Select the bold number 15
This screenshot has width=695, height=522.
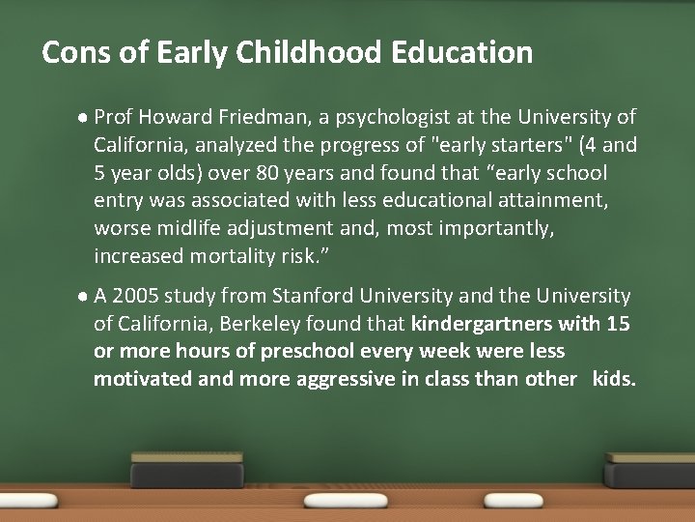[620, 323]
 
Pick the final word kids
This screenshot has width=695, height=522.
[615, 379]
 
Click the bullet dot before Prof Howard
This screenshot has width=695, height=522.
[85, 118]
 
